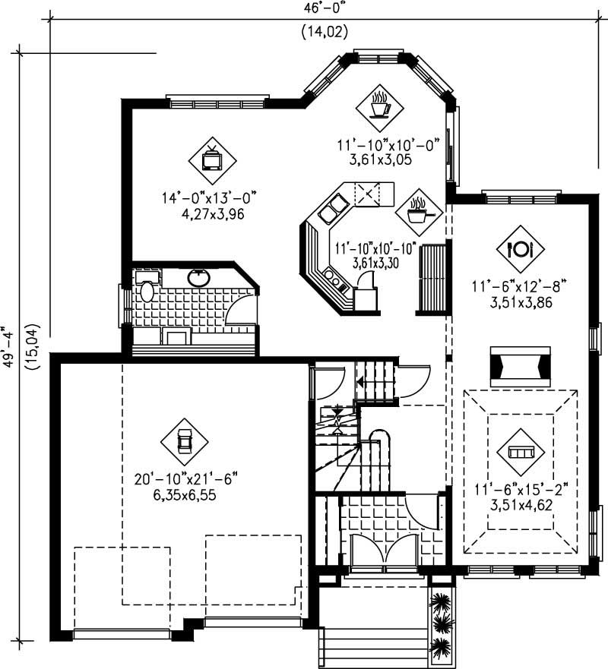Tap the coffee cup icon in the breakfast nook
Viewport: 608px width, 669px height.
point(379,106)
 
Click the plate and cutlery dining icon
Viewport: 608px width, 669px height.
point(521,248)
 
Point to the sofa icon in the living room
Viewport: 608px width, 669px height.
point(521,452)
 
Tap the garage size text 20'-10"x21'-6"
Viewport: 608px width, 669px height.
point(186,480)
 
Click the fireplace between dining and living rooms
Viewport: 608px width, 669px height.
point(521,364)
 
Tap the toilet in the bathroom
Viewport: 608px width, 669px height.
point(145,290)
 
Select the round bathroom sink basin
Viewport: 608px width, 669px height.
point(200,278)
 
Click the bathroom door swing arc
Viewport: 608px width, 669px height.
point(242,308)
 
